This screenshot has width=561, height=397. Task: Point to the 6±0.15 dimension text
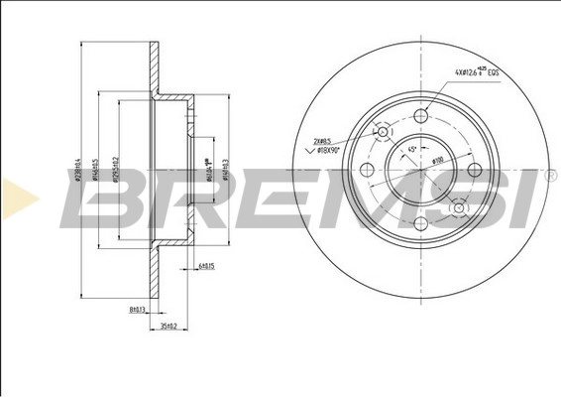[x=206, y=267]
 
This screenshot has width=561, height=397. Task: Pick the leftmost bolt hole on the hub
[x=367, y=171]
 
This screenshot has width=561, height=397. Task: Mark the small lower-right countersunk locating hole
[x=459, y=206]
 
